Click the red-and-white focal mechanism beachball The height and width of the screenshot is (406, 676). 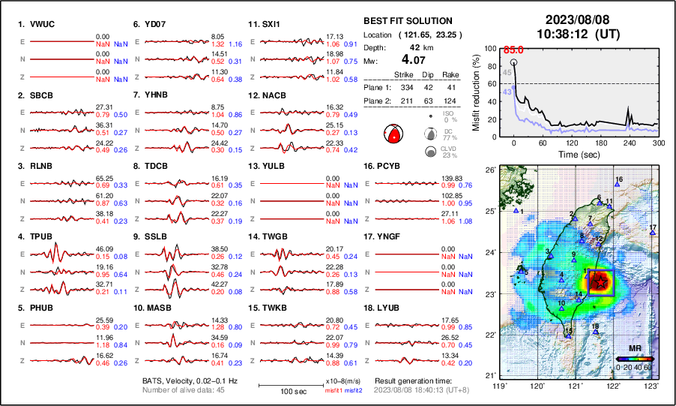393,134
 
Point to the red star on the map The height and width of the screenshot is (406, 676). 600,281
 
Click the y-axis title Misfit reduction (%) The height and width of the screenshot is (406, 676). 476,92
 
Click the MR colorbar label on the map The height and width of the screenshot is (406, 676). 635,349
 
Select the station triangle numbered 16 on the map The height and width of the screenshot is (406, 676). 616,185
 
